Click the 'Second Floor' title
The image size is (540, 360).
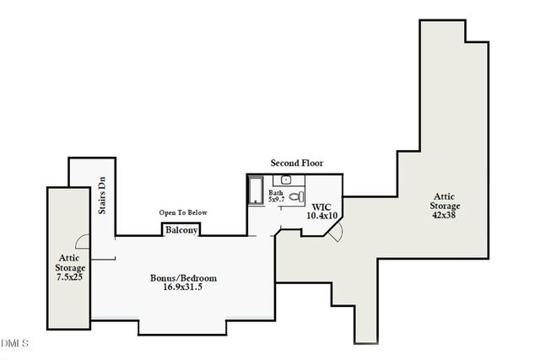point(296,163)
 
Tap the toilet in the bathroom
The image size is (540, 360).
point(295,196)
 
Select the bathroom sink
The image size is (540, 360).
point(286,180)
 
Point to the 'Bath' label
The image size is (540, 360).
point(276,193)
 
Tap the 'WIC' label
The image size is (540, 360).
point(321,207)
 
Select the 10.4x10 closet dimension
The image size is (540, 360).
point(321,216)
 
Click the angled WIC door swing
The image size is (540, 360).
point(335,233)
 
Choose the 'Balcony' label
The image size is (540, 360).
point(181,230)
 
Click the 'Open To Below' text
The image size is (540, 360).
point(183,212)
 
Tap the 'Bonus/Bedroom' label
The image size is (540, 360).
point(184,278)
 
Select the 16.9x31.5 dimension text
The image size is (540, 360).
point(184,288)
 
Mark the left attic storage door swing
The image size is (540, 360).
point(83,241)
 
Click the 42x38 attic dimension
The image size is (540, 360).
point(444,216)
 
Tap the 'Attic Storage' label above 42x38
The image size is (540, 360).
point(444,201)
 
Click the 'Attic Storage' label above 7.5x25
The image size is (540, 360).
point(68,264)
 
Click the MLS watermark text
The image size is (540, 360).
point(15,344)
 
